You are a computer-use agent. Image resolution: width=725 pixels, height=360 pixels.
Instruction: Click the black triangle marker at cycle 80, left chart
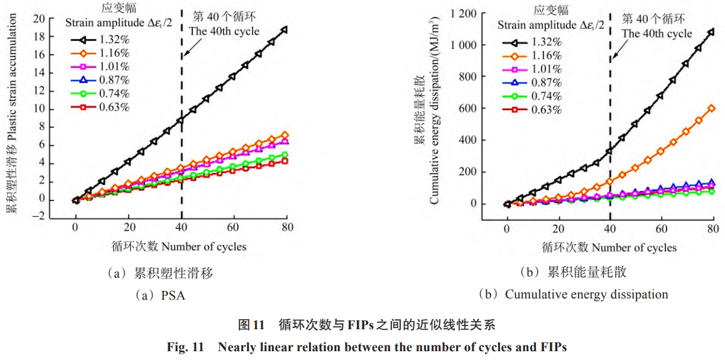[x=285, y=30]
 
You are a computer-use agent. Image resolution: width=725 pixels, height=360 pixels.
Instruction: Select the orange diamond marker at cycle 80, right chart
[x=711, y=108]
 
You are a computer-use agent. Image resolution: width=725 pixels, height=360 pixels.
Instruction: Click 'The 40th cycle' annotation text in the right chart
[x=657, y=33]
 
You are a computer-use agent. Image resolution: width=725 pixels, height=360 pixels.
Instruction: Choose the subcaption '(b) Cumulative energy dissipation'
[x=572, y=294]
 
